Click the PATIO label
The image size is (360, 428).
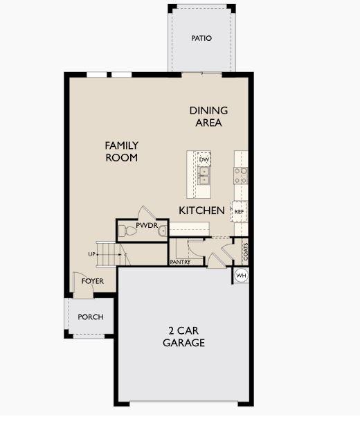(x=201, y=38)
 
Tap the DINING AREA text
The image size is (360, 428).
(x=208, y=116)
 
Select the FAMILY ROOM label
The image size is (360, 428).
(x=122, y=152)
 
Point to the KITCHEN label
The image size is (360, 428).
(x=201, y=211)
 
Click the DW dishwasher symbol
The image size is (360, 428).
(x=204, y=159)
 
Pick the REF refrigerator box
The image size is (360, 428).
(x=239, y=211)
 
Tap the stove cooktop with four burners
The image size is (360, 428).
(x=241, y=175)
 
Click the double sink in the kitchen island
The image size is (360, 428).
(x=204, y=175)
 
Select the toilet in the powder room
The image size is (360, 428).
(x=127, y=231)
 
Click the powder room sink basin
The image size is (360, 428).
(x=163, y=231)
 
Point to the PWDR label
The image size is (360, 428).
(x=147, y=225)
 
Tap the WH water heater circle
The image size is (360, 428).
(x=241, y=276)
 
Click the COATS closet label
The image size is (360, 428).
(x=245, y=251)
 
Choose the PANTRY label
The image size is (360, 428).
(x=180, y=262)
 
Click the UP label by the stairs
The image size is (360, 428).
(x=91, y=254)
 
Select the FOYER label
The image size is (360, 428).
(x=93, y=281)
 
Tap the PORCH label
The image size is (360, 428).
(x=91, y=317)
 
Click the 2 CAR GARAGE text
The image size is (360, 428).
(x=183, y=337)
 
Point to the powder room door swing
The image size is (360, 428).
(x=147, y=213)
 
